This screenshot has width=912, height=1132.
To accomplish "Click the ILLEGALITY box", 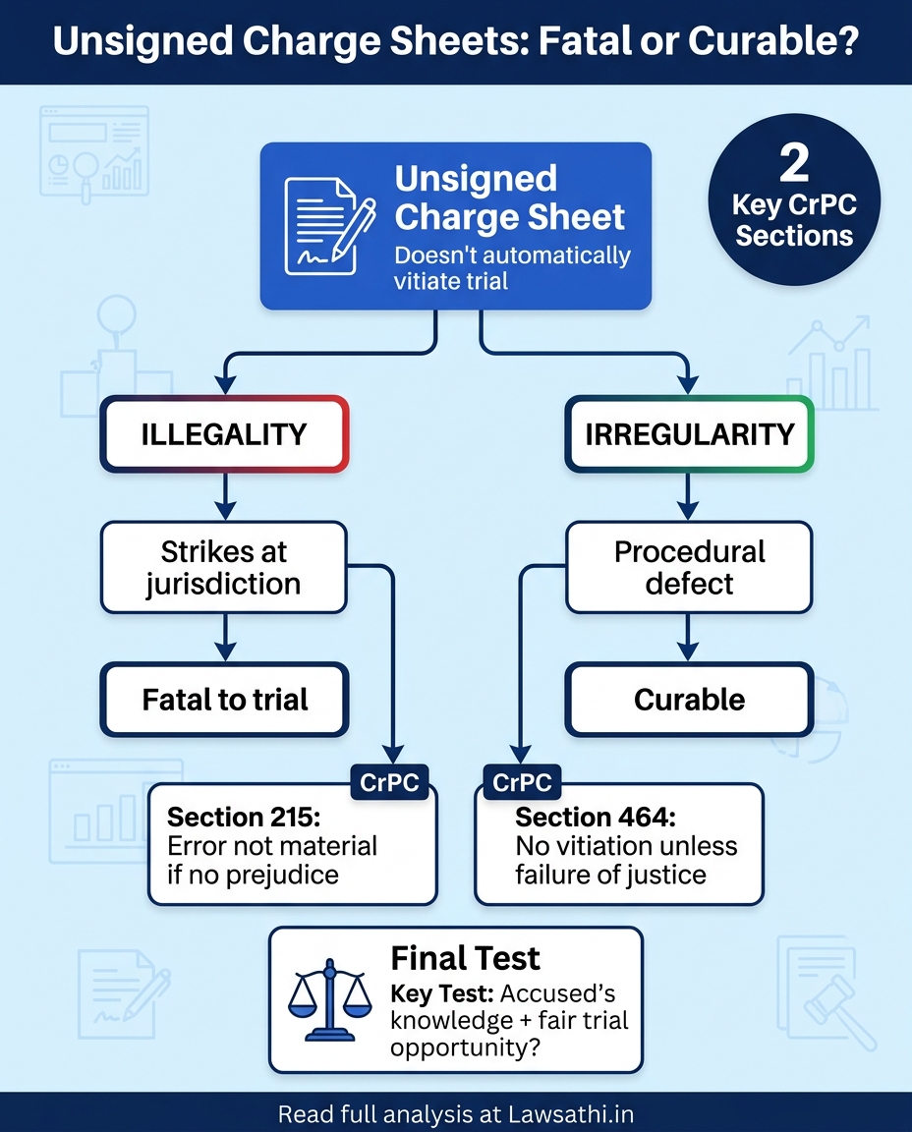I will [x=224, y=434].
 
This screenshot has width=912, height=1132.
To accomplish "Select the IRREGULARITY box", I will [x=689, y=434].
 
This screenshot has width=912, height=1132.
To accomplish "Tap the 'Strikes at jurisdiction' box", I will [x=224, y=567].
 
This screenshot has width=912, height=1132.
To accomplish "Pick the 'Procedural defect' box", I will [x=689, y=567].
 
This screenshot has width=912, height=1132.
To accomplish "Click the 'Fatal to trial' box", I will [x=225, y=700].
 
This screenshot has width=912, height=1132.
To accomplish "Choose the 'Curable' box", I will [x=689, y=700].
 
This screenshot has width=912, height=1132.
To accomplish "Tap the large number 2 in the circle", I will [x=794, y=165].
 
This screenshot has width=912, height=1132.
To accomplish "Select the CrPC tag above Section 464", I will [x=521, y=783].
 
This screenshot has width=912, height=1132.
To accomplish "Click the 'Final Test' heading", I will [x=465, y=958].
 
